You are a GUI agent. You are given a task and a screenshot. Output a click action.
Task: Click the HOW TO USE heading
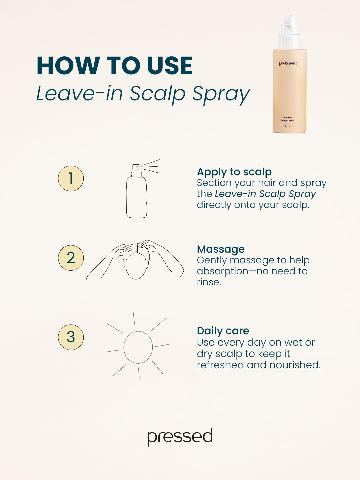coord(115,66)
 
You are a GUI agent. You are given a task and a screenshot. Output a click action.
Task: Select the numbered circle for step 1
coord(71,178)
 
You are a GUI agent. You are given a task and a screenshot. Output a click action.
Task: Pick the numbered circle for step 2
coord(71,258)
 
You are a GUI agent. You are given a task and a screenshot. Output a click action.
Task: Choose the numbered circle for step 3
coord(71,337)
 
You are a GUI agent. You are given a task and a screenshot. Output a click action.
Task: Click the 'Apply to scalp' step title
coord(234,172)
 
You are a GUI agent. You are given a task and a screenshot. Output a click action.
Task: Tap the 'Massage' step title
coord(221,249)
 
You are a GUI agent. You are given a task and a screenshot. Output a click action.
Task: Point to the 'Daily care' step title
coord(223,331)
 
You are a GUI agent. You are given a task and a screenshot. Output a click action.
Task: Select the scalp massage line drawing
coord(135,260)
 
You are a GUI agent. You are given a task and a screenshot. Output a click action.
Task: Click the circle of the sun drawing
coord(124,347)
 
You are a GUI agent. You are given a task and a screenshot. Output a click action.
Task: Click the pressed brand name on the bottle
coord(288,63)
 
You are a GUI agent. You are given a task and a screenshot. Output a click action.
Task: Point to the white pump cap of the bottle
coord(290,32)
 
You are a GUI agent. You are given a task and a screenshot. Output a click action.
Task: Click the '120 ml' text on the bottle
coord(287,126)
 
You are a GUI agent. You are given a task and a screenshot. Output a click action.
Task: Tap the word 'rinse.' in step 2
coord(209,282)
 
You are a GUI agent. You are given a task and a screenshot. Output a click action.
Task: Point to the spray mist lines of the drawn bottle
coord(151,167)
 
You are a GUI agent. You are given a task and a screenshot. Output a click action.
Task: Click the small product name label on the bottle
coord(287,119)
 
